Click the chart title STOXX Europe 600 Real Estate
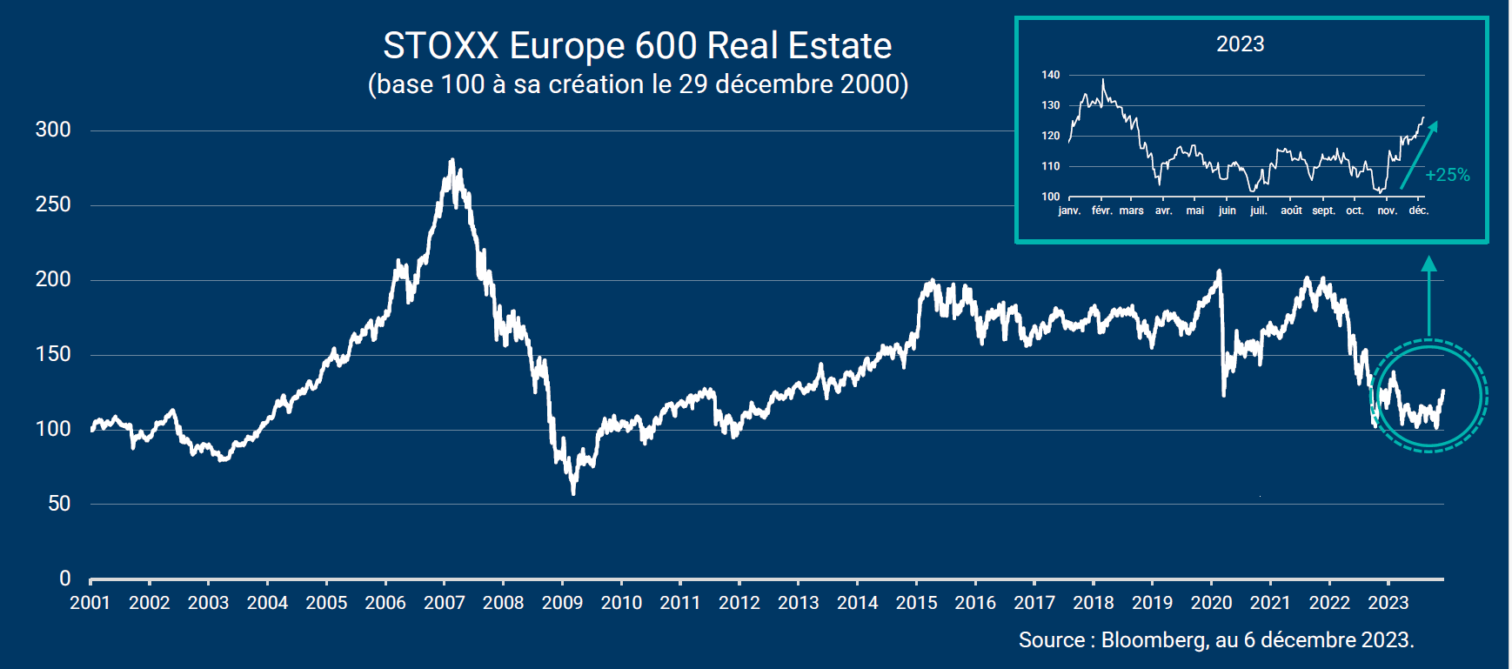637,45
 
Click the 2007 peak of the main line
452,162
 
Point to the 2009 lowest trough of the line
573,492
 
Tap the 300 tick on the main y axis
53,130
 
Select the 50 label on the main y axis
59,504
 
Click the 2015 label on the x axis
916,603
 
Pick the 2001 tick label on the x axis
90,603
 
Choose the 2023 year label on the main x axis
1388,603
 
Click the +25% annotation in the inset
1448,175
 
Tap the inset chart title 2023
1240,44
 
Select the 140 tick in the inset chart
1051,75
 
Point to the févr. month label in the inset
1102,211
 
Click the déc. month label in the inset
1418,211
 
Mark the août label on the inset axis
1291,211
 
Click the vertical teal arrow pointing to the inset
1428,296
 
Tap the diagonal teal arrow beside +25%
1418,155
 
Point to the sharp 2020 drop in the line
1222,339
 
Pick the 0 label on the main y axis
65,579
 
